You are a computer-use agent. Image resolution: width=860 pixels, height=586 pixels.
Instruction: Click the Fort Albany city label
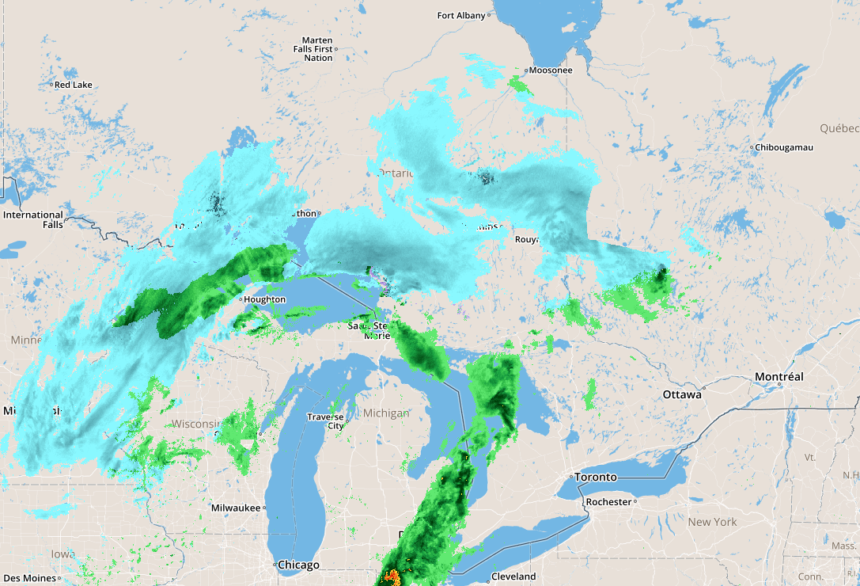pos(461,16)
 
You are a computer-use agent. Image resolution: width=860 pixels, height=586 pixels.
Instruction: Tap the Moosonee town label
pos(551,70)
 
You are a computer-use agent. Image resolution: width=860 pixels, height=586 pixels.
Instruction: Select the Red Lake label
pos(73,85)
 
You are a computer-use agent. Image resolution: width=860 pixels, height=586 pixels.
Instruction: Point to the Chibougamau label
pos(785,147)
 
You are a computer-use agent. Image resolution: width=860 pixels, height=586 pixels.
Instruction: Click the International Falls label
pos(33,219)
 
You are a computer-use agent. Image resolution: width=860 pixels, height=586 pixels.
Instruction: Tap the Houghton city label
pos(265,299)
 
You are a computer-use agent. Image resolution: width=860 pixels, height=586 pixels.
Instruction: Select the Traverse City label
pos(325,421)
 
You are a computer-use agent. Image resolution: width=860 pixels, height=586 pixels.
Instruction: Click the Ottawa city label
pos(682,394)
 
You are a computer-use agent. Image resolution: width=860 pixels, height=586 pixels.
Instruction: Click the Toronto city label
pos(595,478)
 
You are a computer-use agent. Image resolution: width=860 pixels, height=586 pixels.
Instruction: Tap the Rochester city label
pos(608,502)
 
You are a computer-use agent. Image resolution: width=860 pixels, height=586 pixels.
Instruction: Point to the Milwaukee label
pos(236,508)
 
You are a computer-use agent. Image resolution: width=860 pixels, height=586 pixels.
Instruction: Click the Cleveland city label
pos(513,576)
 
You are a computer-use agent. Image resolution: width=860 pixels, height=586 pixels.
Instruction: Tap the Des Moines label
pos(28,578)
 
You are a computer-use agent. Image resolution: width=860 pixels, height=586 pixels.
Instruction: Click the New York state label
pos(712,522)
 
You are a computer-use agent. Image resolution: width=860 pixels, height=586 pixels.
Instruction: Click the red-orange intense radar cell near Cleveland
pos(391,577)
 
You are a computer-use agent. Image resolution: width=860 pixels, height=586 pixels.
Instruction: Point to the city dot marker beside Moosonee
pos(525,70)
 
